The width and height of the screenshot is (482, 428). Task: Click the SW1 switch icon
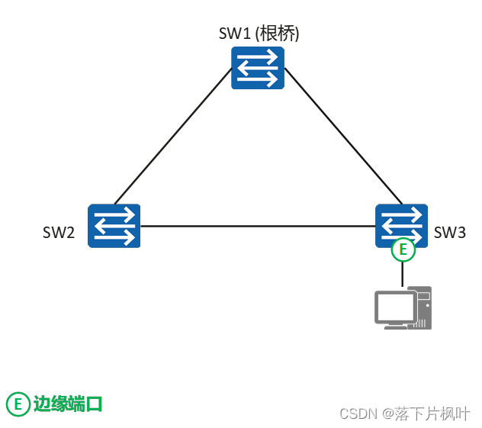point(258,68)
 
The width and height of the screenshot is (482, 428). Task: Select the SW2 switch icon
point(114,225)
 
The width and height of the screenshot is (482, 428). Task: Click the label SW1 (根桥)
point(259,33)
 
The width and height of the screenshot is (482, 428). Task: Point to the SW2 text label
point(59,233)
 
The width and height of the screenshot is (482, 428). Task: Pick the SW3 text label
point(449,233)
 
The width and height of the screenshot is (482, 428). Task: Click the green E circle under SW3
point(403,249)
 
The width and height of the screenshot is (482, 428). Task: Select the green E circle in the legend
point(17,404)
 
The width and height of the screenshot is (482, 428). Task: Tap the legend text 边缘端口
point(67,404)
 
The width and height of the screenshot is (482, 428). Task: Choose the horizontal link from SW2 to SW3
point(258,226)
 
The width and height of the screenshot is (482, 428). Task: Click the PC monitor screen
point(394,307)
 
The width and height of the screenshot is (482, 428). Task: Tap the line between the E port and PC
point(403,274)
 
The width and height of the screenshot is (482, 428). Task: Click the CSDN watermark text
point(358,414)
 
